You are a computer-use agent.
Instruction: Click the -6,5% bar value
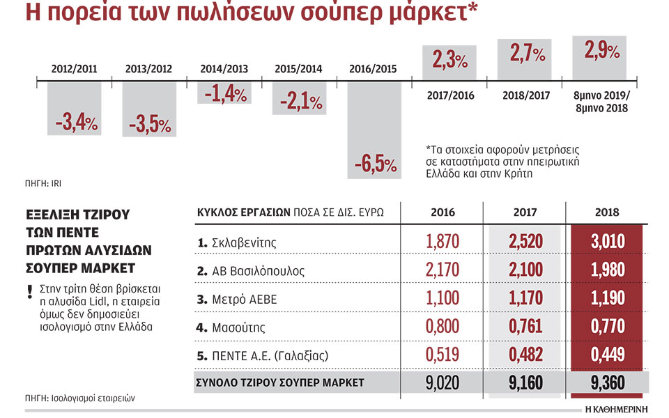375,166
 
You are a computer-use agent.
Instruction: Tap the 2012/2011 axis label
75,69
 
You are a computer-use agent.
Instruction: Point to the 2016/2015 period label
374,69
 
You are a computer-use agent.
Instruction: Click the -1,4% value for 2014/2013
224,93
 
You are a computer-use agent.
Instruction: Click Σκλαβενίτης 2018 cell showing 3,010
608,242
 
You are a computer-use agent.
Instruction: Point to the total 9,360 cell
608,382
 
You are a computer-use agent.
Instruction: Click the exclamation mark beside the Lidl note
30,291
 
